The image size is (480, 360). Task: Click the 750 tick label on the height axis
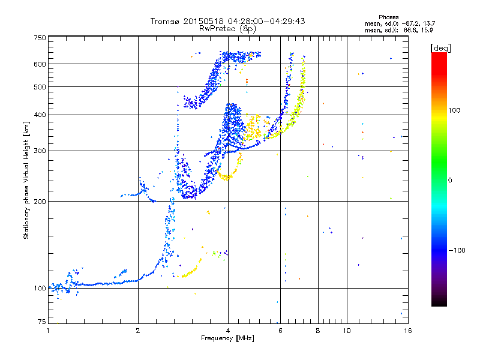pos(40,37)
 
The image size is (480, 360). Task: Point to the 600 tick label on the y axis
pos(40,64)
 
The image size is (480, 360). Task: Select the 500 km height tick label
pos(40,87)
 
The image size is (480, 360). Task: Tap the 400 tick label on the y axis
pos(40,115)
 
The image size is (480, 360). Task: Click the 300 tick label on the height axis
pos(40,151)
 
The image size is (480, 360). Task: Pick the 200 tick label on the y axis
pos(40,201)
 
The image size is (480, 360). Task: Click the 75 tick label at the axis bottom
pos(41,322)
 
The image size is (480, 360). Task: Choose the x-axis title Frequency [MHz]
pos(227,338)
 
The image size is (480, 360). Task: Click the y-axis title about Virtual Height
pos(26,180)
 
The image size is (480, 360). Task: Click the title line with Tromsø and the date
pos(227,21)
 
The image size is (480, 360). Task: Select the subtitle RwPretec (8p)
pos(227,28)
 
